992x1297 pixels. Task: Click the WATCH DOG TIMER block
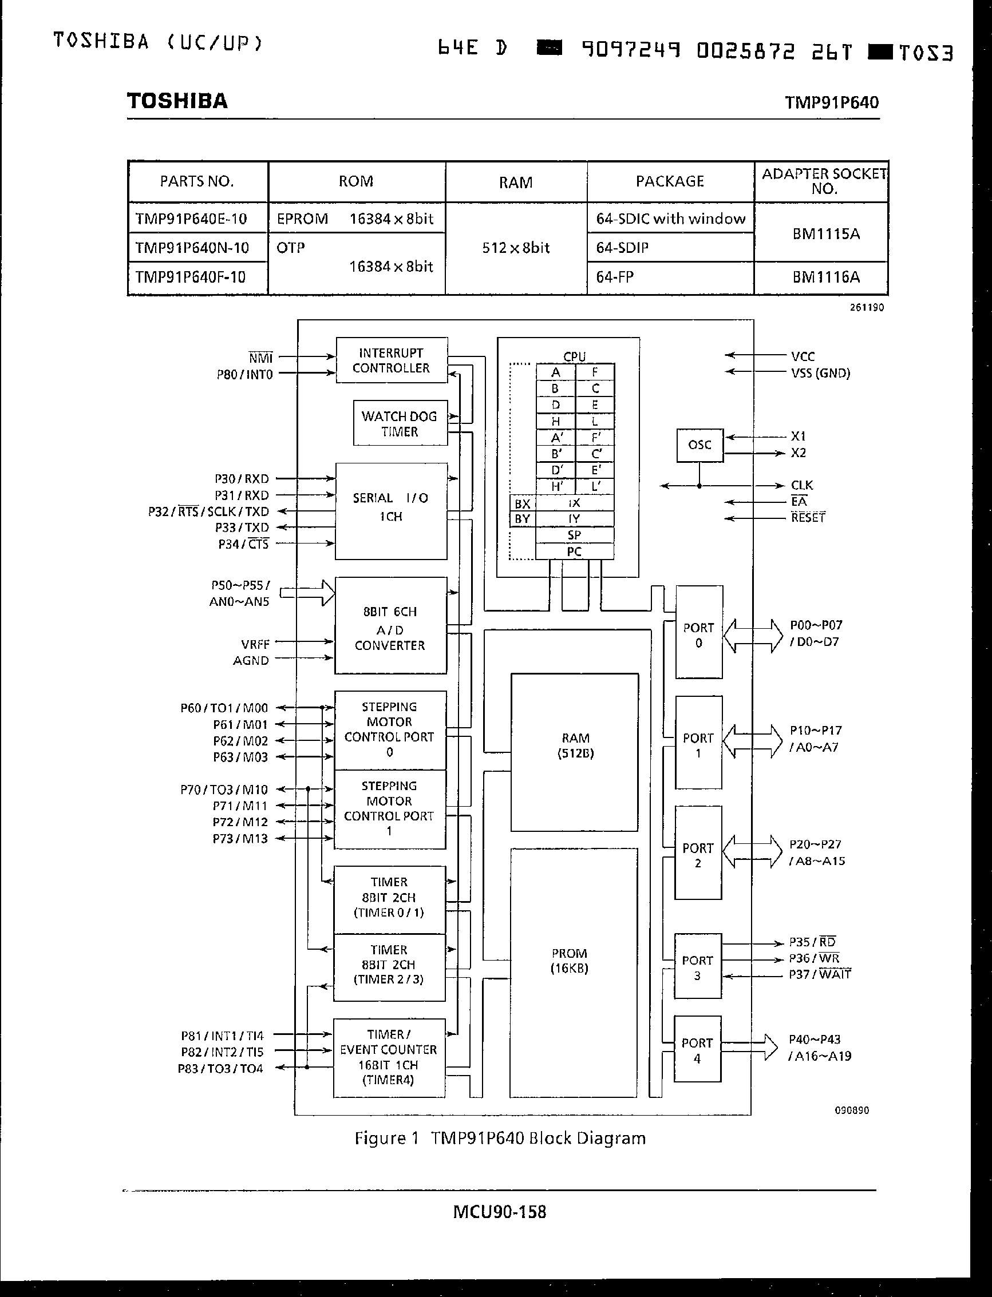coord(400,423)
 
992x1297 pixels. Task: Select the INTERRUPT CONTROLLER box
coord(391,360)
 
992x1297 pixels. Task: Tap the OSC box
coord(699,445)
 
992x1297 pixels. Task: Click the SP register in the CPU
coord(574,535)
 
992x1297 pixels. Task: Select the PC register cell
coord(574,552)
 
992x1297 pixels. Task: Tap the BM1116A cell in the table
coord(825,277)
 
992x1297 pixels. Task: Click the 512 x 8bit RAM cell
coord(516,248)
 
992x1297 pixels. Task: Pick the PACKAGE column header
coord(670,181)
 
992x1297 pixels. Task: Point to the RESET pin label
coord(808,518)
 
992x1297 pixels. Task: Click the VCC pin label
coord(803,356)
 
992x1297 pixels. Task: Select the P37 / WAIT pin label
coord(820,974)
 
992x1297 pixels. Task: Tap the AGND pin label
coord(251,661)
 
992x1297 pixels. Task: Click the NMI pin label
coord(260,358)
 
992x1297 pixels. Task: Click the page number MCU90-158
coord(500,1212)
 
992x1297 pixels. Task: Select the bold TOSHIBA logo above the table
coord(177,101)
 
